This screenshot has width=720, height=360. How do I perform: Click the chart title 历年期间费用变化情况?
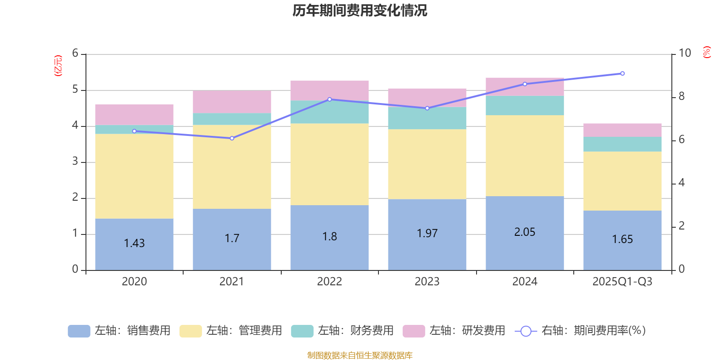(360, 10)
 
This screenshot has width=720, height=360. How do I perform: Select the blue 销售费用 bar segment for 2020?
(134, 256)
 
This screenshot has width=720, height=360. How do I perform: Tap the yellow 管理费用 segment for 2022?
(329, 164)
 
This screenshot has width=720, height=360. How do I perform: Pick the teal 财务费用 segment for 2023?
(427, 118)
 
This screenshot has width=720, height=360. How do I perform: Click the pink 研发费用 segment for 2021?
(232, 102)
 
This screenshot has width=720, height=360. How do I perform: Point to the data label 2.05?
(525, 232)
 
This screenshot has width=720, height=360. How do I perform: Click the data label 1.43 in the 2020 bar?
(134, 243)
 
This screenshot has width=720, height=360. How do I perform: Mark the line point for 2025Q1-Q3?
(622, 73)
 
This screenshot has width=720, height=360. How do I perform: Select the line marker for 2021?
(232, 138)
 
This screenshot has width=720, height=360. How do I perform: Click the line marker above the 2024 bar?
(525, 84)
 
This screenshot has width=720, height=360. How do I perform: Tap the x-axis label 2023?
(427, 282)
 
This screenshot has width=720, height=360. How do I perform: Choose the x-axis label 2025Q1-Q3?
(622, 282)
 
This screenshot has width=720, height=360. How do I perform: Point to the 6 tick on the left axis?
(75, 54)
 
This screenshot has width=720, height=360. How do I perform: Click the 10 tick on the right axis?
(684, 53)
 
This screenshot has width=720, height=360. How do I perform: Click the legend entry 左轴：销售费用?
(119, 331)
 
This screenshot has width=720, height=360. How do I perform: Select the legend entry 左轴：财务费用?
(342, 331)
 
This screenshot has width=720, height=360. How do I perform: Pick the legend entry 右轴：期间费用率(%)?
(580, 331)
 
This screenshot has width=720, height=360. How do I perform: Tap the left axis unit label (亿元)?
(58, 66)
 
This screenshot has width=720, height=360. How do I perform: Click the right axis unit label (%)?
(706, 52)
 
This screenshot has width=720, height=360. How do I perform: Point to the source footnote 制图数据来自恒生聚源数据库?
(360, 355)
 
